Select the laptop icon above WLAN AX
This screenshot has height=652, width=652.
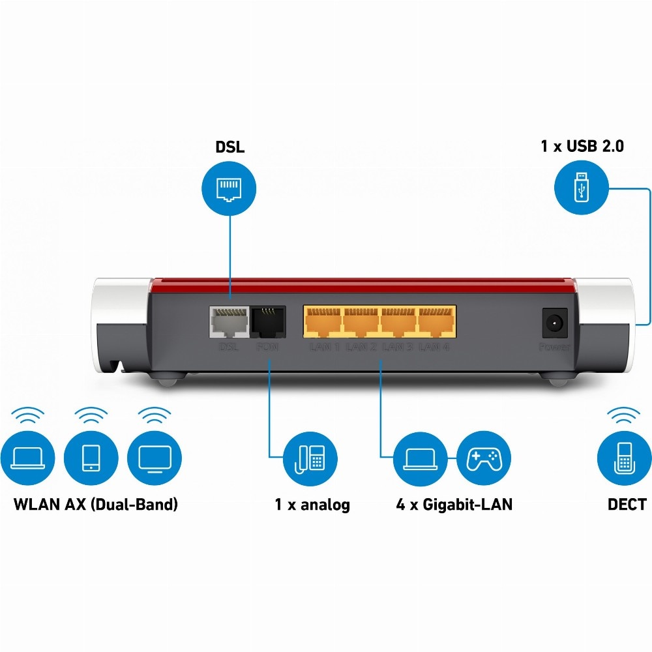click(x=27, y=458)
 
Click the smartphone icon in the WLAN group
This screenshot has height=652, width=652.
click(x=91, y=458)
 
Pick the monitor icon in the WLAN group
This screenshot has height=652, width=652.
click(x=154, y=458)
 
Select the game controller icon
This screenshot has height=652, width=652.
click(x=483, y=458)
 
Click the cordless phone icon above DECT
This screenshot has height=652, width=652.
click(x=625, y=458)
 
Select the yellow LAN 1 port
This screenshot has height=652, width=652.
click(x=323, y=322)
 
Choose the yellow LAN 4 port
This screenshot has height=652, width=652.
click(x=437, y=322)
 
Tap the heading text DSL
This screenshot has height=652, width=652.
click(x=230, y=147)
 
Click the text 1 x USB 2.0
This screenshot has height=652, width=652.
click(x=582, y=146)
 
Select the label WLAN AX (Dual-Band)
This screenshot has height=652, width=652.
click(x=95, y=505)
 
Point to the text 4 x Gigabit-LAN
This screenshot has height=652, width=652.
click(x=454, y=505)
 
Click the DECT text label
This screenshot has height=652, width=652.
click(x=627, y=505)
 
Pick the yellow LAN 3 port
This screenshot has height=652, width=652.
click(x=399, y=322)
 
